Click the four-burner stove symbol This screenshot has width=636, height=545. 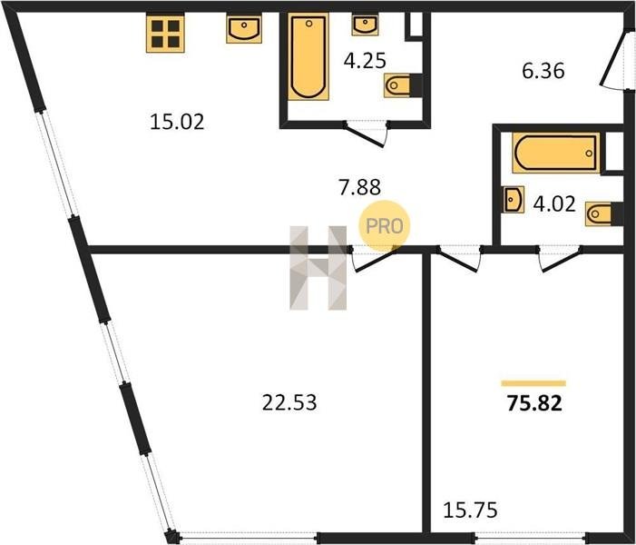click(165, 34)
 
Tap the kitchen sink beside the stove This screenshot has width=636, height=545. click(244, 29)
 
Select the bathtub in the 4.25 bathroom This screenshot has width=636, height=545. click(308, 57)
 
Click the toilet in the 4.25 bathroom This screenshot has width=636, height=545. click(403, 85)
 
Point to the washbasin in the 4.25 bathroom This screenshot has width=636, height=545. click(365, 25)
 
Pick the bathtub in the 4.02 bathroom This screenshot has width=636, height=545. click(556, 153)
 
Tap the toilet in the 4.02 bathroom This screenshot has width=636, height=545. click(603, 213)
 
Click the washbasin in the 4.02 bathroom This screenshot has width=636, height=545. click(514, 200)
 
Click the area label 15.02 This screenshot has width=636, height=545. click(177, 122)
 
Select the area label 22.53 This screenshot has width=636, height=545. click(289, 403)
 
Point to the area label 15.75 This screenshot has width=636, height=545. click(470, 510)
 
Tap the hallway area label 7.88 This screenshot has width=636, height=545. click(360, 187)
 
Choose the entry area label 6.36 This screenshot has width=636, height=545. click(543, 71)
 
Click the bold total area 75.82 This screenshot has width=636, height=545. click(534, 403)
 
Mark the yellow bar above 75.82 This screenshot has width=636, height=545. click(533, 383)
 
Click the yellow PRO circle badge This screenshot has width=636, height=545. click(384, 226)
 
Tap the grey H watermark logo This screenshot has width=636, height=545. click(318, 268)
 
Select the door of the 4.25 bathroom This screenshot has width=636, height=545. click(365, 134)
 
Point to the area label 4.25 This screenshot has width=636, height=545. click(365, 61)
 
